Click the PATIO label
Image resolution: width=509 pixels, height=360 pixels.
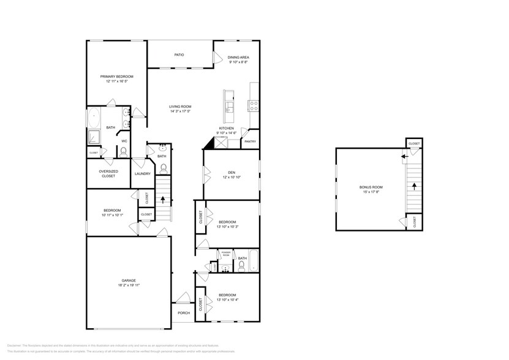[x=179, y=54]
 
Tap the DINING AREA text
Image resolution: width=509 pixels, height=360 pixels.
[x=239, y=57]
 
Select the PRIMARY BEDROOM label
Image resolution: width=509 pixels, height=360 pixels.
[x=116, y=77]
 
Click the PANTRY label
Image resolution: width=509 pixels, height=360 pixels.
[x=250, y=141]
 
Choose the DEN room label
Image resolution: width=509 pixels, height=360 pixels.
[x=232, y=172]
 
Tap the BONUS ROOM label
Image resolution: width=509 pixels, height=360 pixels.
[x=371, y=187]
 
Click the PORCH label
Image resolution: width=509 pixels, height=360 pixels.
[x=183, y=313]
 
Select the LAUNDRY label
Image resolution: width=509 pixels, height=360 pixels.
[x=143, y=173]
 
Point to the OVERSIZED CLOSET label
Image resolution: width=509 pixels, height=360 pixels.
[x=108, y=173]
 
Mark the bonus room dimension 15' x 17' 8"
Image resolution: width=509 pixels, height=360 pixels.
[x=371, y=192]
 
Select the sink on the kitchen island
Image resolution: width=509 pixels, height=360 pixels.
[x=230, y=108]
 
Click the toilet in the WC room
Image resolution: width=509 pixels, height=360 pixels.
[x=123, y=151]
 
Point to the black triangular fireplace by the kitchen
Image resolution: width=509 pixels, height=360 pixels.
[x=209, y=143]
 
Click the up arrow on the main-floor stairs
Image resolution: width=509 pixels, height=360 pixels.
[x=162, y=199]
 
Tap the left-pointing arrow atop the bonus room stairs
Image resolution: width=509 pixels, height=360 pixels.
[x=404, y=157]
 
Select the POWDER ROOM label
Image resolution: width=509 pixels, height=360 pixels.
[x=225, y=253]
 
